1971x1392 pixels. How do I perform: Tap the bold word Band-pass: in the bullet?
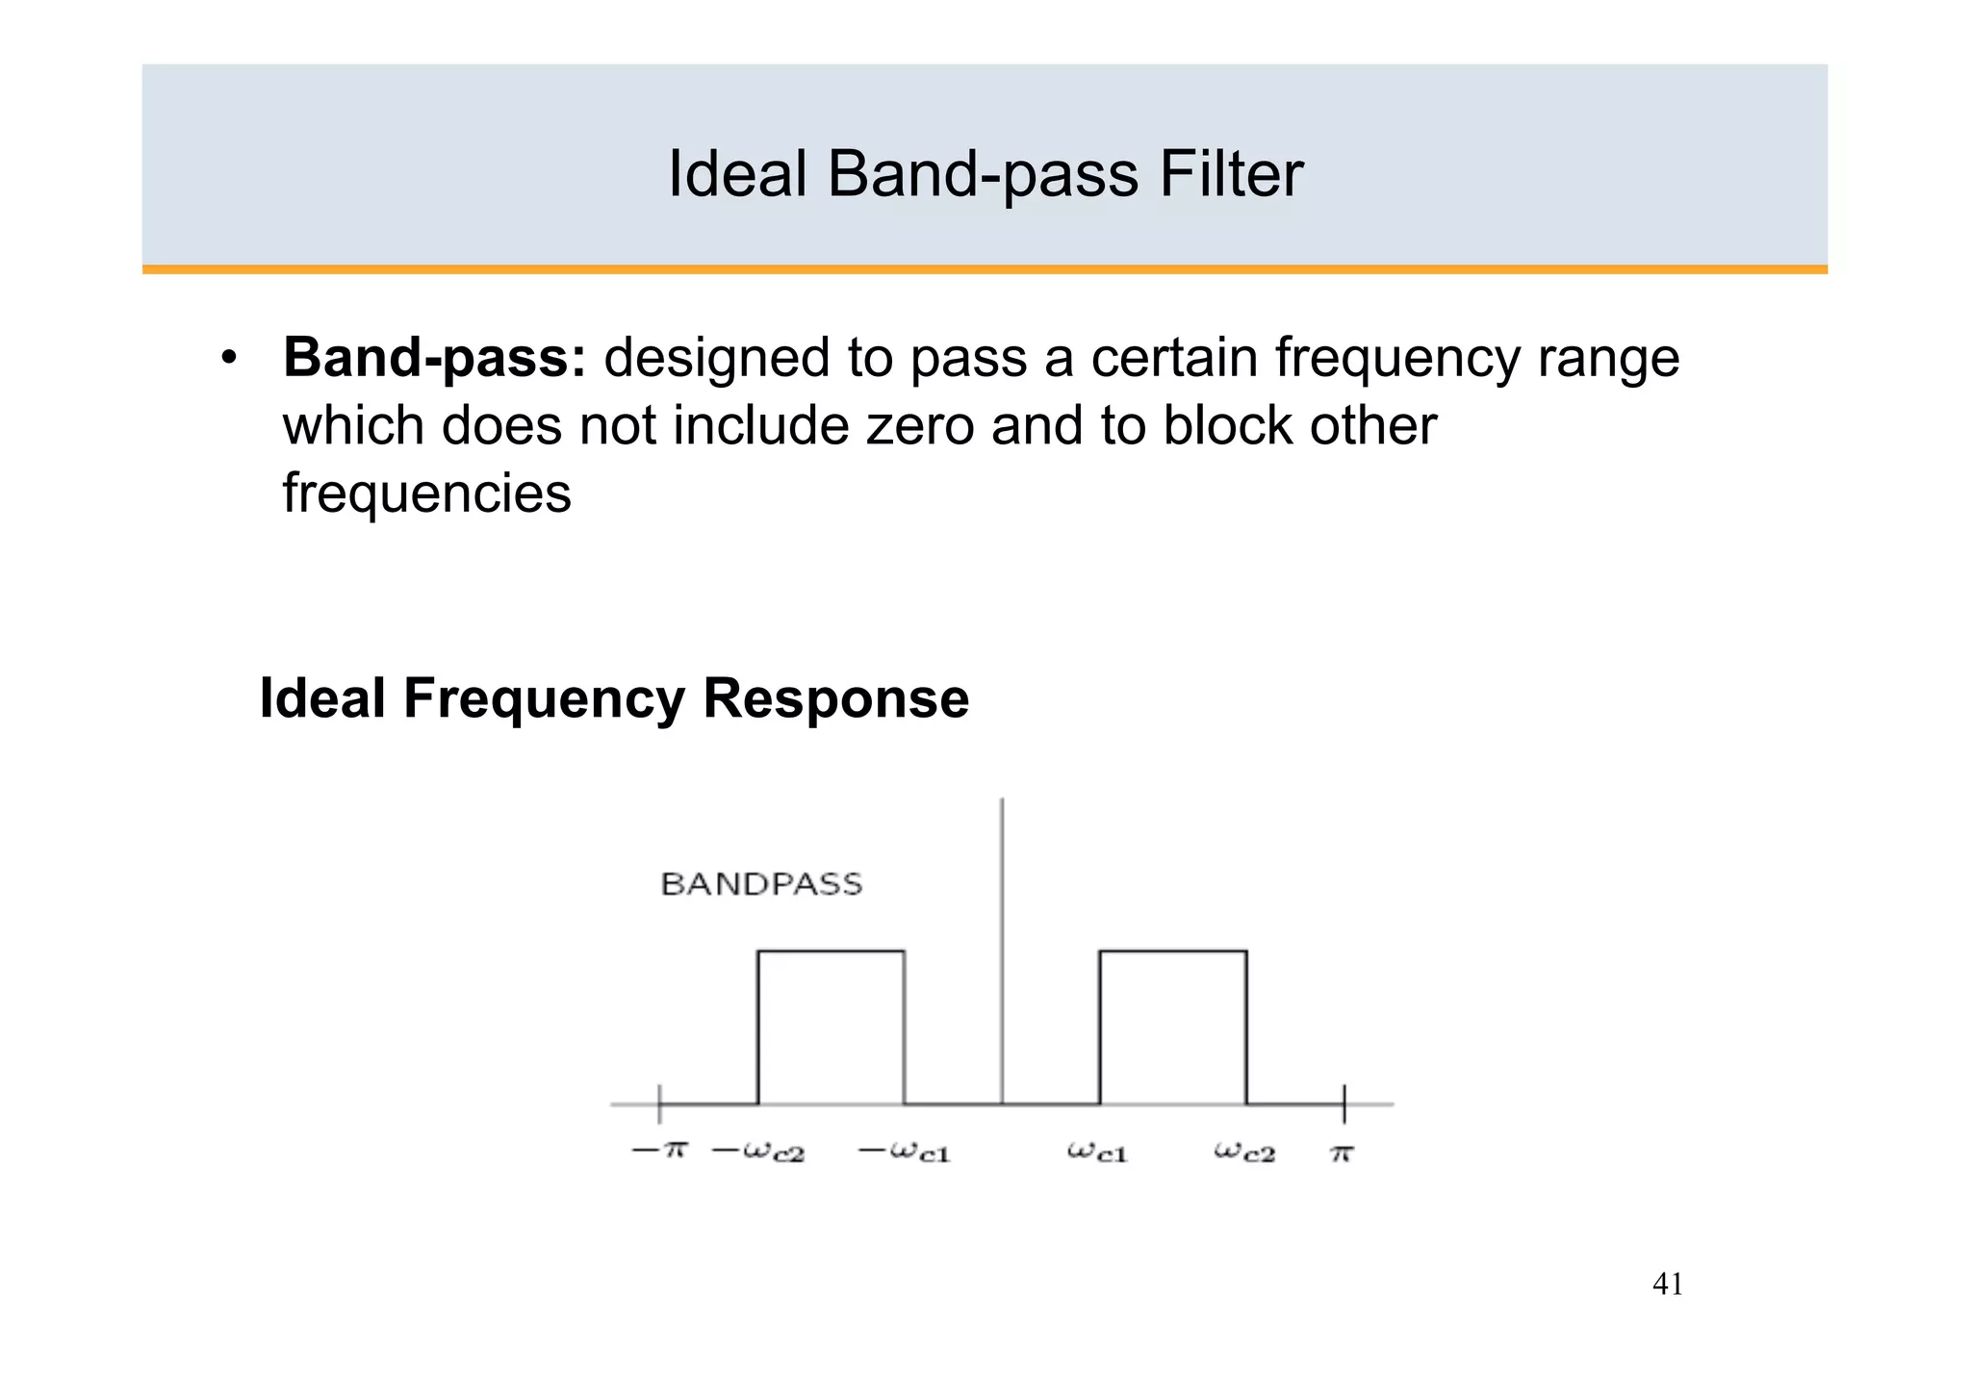pos(434,359)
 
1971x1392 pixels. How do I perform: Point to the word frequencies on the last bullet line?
pos(426,494)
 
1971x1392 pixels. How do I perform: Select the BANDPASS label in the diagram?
pos(761,884)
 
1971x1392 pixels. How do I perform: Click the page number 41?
pos(1667,1284)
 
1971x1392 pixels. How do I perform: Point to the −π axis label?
pos(659,1150)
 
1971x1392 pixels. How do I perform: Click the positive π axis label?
pos(1343,1152)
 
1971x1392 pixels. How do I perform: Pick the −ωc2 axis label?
pos(758,1152)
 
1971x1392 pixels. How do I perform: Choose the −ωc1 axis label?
pos(904,1152)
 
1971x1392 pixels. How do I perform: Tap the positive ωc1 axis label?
pos(1097,1152)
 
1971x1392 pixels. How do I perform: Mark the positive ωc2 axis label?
pos(1244,1152)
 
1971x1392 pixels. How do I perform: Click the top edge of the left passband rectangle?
pos(831,951)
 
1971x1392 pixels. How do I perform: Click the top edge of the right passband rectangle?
pos(1173,951)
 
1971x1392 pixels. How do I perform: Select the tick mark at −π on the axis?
pos(659,1104)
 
